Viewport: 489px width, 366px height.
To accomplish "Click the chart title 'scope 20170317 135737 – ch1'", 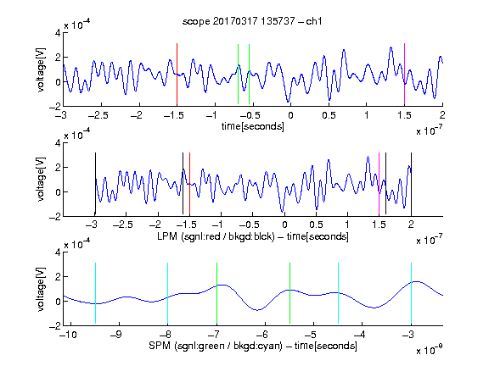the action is click(252, 21).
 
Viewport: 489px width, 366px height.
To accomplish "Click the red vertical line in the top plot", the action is click(177, 74).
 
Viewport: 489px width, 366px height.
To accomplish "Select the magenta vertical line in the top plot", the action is click(404, 74).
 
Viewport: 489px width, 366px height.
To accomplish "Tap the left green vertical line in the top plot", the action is click(238, 74).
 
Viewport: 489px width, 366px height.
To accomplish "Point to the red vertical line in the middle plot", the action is click(189, 184).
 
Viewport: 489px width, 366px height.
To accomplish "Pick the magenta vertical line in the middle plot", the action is click(379, 184).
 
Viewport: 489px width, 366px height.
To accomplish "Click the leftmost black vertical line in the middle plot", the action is click(95, 184).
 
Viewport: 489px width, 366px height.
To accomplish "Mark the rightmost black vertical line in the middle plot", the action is click(411, 184).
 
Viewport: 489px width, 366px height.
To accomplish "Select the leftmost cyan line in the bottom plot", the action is click(95, 293).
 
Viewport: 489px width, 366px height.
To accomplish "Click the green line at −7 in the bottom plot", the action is click(216, 293).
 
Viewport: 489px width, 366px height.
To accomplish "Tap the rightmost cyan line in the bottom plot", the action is click(411, 293).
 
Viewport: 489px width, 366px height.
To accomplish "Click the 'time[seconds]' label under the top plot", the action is click(253, 126).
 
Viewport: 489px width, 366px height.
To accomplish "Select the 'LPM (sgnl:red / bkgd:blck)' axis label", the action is click(216, 236).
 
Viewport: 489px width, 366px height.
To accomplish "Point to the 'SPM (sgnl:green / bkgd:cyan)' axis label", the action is click(216, 346).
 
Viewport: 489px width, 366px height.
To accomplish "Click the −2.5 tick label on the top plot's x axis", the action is click(98, 115).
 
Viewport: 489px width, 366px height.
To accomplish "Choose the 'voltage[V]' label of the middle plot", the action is click(41, 180).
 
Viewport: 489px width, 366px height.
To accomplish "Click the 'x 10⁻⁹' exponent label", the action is click(430, 349).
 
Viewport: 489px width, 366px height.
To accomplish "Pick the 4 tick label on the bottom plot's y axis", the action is click(58, 252).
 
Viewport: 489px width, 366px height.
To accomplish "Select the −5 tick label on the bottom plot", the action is click(312, 335).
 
